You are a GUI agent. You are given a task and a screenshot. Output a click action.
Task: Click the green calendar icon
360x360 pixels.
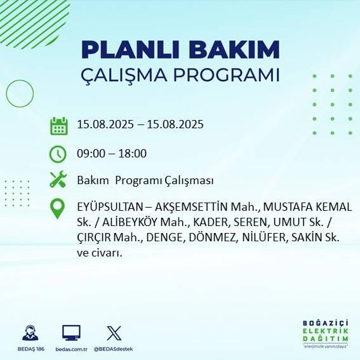(58, 125)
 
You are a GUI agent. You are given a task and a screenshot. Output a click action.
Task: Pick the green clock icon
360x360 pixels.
(58, 154)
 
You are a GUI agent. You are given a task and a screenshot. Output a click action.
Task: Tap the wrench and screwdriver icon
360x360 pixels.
(58, 180)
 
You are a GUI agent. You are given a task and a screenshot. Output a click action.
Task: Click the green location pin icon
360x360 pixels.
(58, 208)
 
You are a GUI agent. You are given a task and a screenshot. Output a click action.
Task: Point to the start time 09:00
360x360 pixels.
(90, 153)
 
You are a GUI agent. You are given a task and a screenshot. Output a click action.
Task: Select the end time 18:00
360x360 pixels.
(133, 153)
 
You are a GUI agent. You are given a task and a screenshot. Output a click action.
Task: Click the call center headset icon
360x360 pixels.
(29, 333)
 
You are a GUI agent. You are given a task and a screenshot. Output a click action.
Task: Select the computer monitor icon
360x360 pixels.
(71, 333)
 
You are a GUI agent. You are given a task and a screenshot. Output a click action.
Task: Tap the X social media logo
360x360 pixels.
(114, 333)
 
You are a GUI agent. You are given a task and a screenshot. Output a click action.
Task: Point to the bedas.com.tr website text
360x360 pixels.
(71, 349)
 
